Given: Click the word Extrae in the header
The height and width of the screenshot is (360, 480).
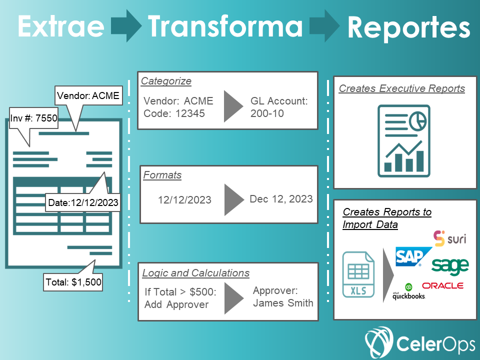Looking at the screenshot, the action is [x=61, y=26].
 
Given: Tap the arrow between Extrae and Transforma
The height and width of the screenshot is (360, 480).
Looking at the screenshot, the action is [x=126, y=25].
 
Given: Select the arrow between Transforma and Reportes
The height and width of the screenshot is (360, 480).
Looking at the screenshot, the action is [x=324, y=25].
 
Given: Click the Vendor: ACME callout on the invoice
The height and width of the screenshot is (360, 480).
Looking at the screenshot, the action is [x=88, y=96].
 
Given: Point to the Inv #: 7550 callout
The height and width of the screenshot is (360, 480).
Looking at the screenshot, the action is [x=33, y=118].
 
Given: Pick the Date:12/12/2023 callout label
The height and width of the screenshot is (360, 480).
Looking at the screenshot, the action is [x=83, y=202].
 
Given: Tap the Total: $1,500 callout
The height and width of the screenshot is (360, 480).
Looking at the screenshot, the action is [x=73, y=282].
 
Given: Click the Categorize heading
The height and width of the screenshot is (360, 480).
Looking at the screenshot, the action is [x=166, y=81].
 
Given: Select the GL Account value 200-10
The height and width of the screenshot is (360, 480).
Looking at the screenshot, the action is [x=267, y=113].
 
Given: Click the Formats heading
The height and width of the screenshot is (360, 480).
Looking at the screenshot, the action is [x=162, y=175].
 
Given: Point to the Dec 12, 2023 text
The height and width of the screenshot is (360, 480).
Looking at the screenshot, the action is [x=281, y=199].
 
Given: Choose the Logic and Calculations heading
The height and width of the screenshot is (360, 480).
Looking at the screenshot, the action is [x=196, y=273].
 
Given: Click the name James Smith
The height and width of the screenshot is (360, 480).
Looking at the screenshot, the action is [x=283, y=303].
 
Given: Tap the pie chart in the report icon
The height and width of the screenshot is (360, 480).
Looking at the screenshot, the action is [x=417, y=120].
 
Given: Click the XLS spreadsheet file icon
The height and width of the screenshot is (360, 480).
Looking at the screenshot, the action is [x=358, y=274].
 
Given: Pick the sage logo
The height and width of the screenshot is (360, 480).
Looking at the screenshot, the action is [x=450, y=266].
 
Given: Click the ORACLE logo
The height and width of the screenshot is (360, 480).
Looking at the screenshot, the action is [x=442, y=285].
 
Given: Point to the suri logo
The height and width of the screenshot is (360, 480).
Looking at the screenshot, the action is [x=449, y=238].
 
